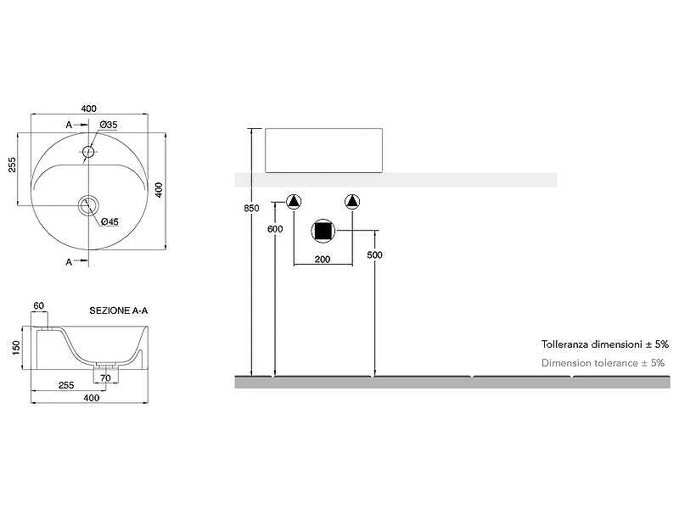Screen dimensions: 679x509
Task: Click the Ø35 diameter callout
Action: (x=109, y=125)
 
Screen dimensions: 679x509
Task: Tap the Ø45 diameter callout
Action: (x=109, y=221)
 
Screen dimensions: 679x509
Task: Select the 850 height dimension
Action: (x=251, y=208)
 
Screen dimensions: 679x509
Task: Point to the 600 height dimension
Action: (x=275, y=229)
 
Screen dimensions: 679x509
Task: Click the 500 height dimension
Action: (x=374, y=255)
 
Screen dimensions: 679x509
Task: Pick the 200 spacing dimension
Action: (x=323, y=260)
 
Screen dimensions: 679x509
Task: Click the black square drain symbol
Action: (x=323, y=231)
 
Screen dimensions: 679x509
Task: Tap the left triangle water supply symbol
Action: (x=294, y=201)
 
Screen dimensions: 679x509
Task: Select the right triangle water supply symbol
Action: (x=352, y=201)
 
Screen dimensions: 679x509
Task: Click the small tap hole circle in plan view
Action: (x=88, y=152)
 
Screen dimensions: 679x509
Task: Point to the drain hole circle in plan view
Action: (x=89, y=205)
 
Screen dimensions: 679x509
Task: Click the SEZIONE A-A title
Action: (x=119, y=310)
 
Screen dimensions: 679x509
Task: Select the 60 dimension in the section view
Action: (x=38, y=305)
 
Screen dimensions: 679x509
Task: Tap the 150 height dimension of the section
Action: (x=16, y=348)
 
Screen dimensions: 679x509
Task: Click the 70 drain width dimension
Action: (x=105, y=378)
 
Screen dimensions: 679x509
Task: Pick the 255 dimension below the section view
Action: (x=66, y=385)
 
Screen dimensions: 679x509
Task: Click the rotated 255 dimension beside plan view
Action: (x=12, y=165)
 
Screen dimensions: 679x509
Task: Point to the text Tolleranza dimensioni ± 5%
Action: (x=605, y=344)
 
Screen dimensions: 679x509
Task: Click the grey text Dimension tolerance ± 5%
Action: (x=603, y=363)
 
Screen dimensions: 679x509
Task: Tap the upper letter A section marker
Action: (x=69, y=125)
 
